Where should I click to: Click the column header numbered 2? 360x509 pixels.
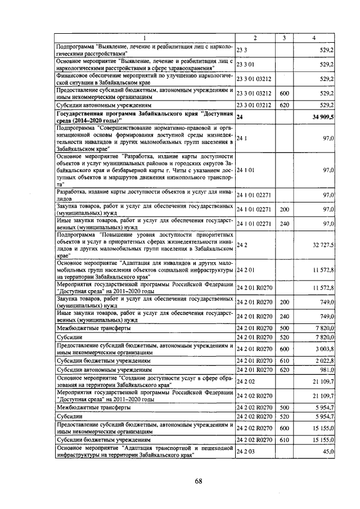[x=255, y=38]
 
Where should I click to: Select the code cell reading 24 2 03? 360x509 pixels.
[x=246, y=451]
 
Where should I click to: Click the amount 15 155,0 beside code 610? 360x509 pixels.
[x=323, y=440]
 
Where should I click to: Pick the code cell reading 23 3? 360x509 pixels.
[x=242, y=49]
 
